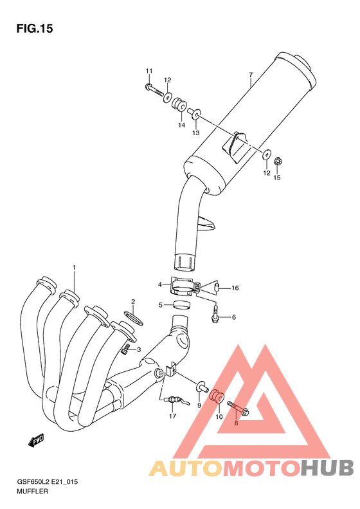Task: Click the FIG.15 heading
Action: pos(33,29)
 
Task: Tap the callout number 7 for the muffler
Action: pos(250,75)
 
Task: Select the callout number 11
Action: pos(148,71)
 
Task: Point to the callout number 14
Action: pos(182,125)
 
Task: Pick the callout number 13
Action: pos(195,133)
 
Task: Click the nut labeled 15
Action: pos(278,160)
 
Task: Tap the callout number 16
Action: pos(235,288)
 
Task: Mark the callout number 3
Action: pos(138,349)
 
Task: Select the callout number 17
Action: pos(172,416)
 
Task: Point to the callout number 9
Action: pos(199,405)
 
